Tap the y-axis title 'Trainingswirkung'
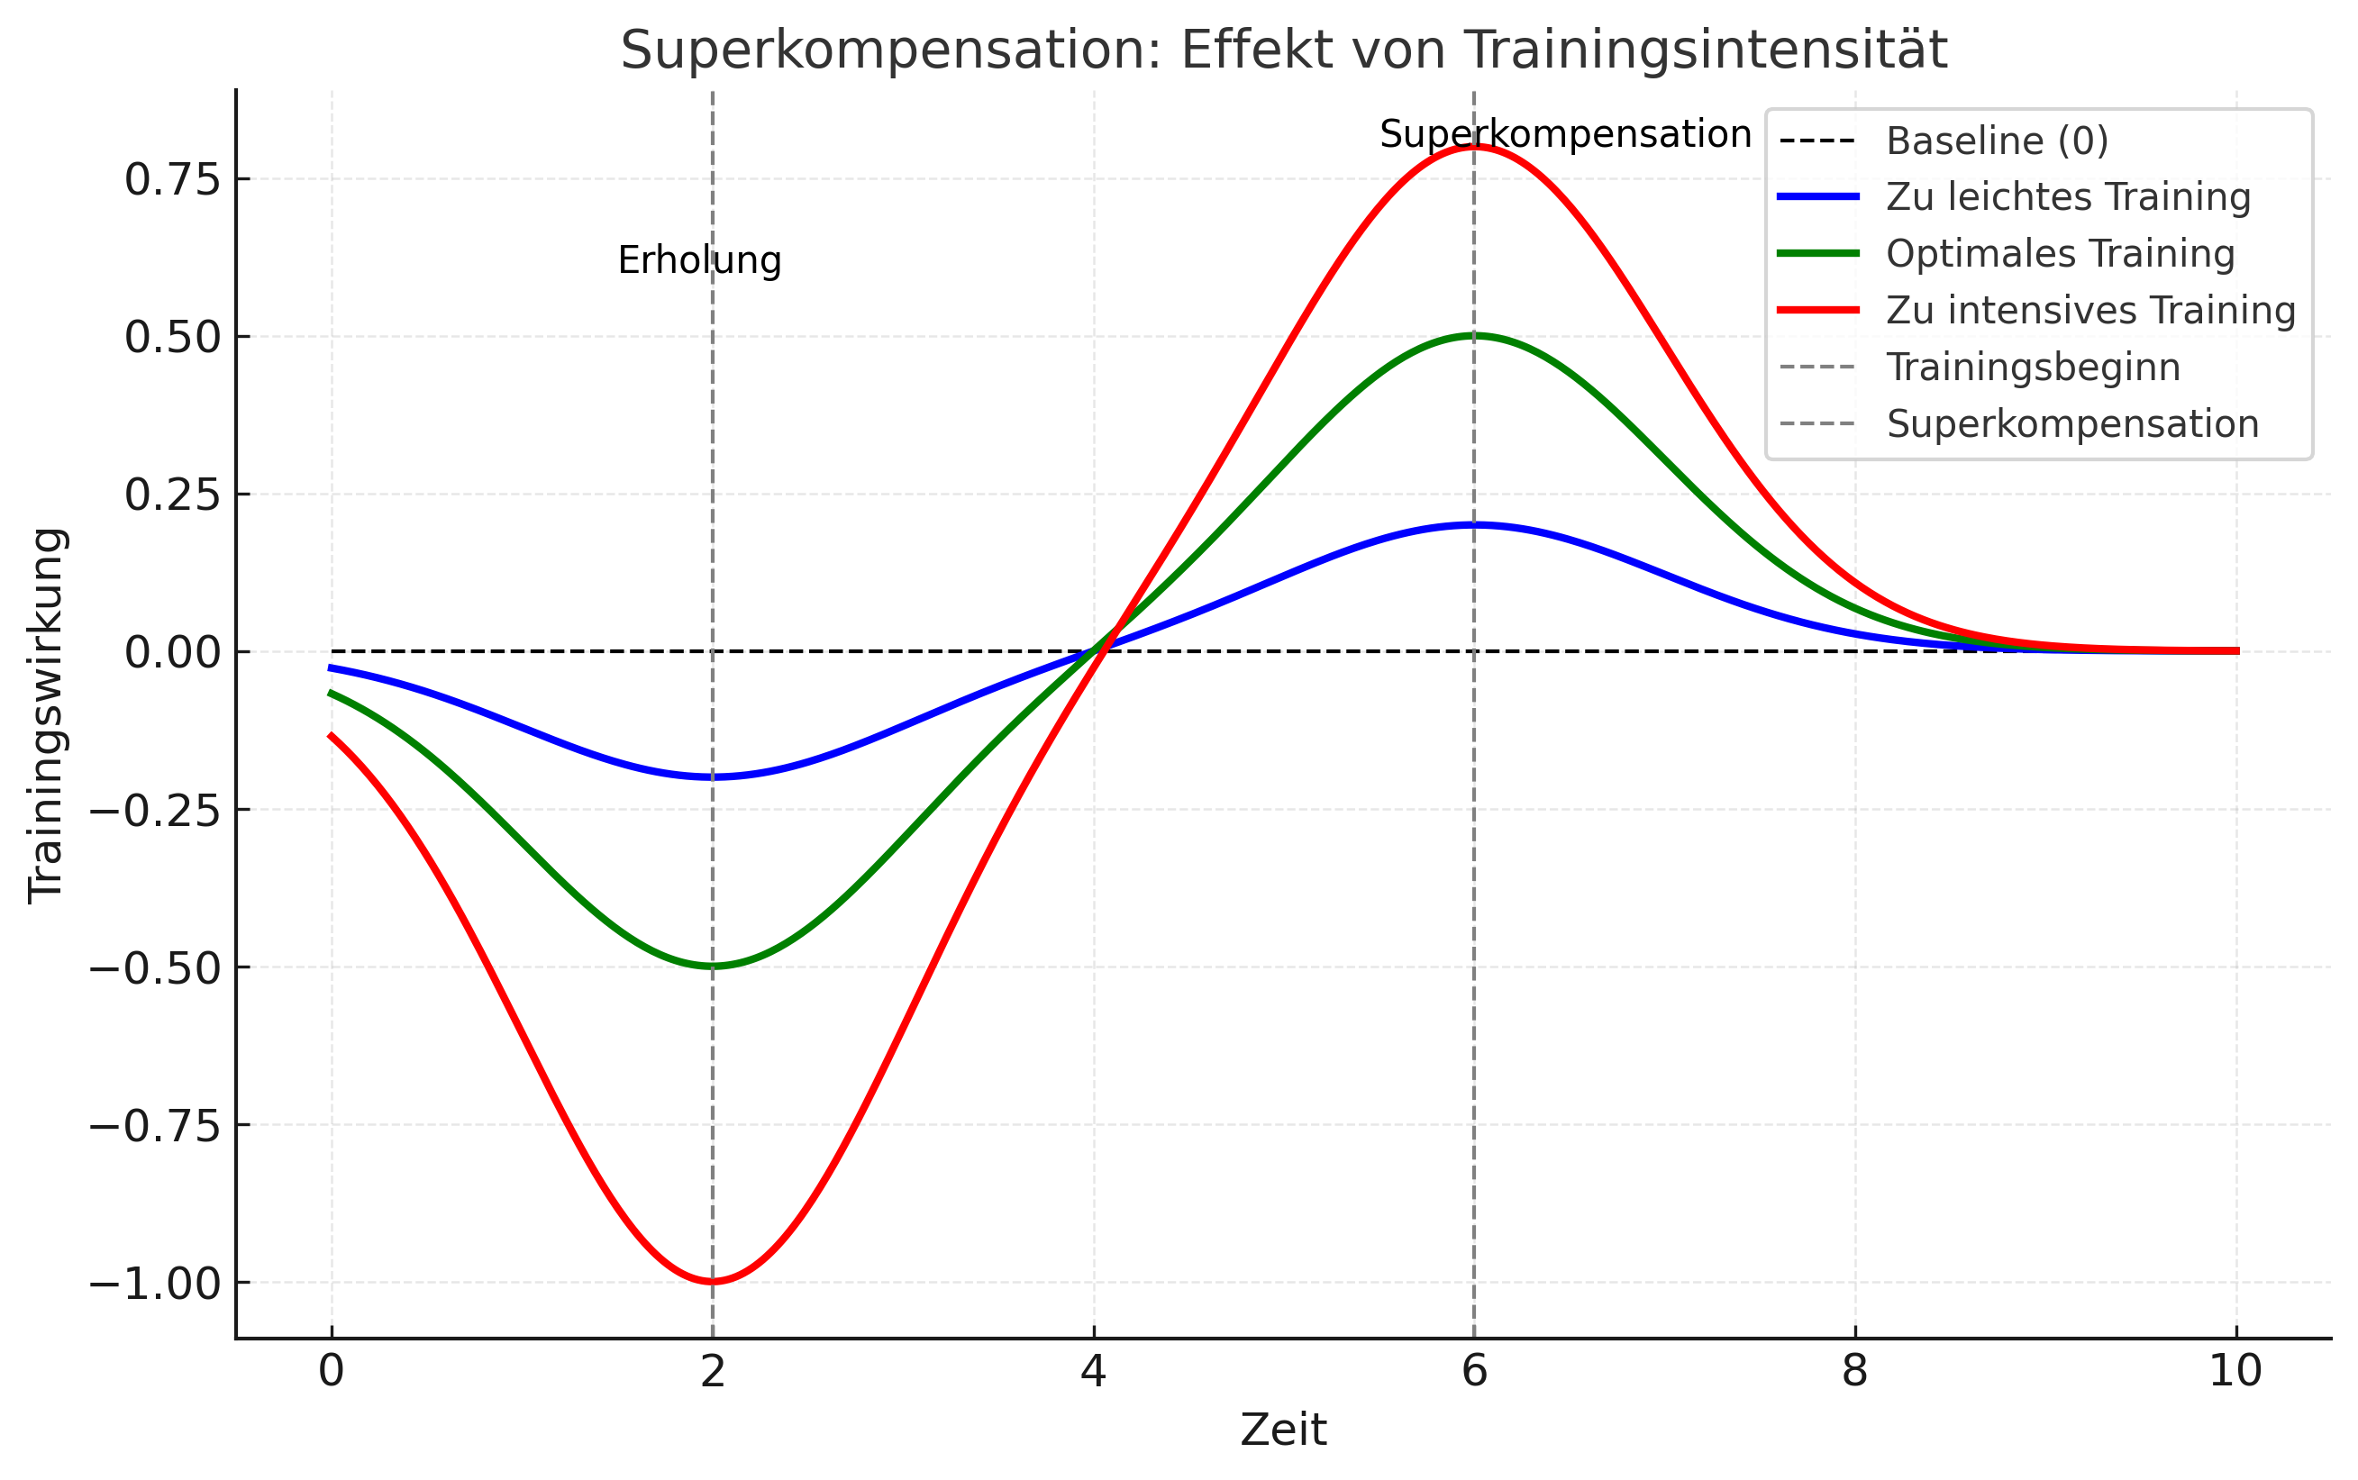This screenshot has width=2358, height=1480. (x=46, y=715)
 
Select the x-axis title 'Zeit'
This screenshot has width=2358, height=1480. (x=1283, y=1430)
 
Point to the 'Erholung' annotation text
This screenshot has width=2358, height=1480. (x=699, y=260)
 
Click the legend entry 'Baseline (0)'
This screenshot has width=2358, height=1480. (x=1997, y=141)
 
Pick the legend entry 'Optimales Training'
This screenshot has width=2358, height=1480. (x=2060, y=253)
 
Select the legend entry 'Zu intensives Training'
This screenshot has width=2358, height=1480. (x=2089, y=310)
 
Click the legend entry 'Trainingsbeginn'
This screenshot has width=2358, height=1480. (x=2033, y=367)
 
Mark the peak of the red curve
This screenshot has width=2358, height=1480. (x=1474, y=147)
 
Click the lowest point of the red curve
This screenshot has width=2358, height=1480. (x=713, y=1281)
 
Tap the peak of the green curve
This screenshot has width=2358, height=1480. (x=1474, y=336)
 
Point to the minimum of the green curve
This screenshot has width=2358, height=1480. (x=713, y=967)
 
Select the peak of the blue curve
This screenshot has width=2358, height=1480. (x=1474, y=524)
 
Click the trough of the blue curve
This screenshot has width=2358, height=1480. (x=713, y=777)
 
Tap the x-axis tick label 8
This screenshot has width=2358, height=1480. (x=1854, y=1371)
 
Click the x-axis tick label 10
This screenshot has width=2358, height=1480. (x=2235, y=1371)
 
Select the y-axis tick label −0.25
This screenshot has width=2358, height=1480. (x=156, y=811)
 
